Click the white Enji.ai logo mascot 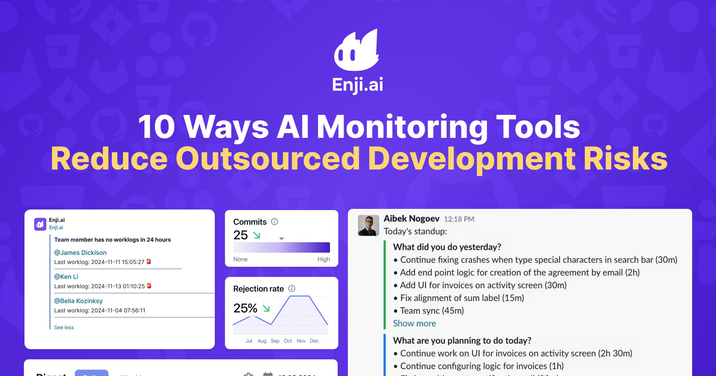357,51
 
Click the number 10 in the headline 156,127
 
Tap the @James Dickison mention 80,252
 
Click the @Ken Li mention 66,277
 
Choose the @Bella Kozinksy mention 78,301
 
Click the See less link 64,327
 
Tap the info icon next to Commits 274,222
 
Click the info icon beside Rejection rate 292,289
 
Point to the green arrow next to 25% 266,308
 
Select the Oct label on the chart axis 288,341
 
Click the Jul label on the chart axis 249,341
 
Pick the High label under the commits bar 323,259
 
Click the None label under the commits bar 240,259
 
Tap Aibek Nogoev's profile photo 368,225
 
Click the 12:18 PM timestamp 459,219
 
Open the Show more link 414,323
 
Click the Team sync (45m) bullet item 432,311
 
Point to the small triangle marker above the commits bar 281,239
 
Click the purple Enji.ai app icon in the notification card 40,224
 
